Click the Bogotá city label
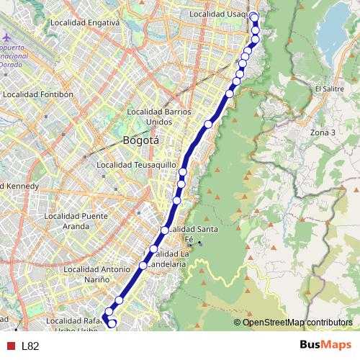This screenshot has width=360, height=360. click(x=141, y=141)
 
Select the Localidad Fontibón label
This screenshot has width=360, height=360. click(x=38, y=94)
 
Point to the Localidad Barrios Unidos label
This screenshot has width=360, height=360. click(x=158, y=117)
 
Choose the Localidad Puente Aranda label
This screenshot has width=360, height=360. click(x=75, y=220)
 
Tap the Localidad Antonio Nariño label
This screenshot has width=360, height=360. click(x=95, y=275)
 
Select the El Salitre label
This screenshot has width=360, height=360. click(x=328, y=89)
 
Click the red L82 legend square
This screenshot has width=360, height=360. click(x=9, y=346)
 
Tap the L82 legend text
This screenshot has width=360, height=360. click(x=30, y=346)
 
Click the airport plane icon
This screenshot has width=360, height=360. click(x=7, y=37)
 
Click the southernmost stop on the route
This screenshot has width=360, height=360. click(x=112, y=324)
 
